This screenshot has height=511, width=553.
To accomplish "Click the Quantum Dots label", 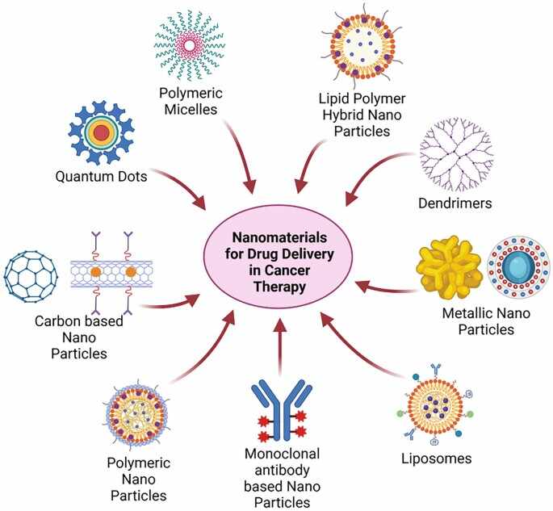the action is click(x=101, y=176).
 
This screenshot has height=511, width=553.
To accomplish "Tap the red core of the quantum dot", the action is click(x=102, y=133).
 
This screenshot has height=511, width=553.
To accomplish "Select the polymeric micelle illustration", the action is click(x=190, y=45).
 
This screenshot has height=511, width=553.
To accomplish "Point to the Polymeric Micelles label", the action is click(x=191, y=101).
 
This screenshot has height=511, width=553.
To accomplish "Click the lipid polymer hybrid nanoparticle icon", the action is click(x=362, y=45).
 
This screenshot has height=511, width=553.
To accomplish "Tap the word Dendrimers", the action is click(x=455, y=203).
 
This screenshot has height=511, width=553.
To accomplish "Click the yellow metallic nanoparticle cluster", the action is click(x=450, y=266).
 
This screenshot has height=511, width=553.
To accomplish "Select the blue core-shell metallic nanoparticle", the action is click(x=518, y=266).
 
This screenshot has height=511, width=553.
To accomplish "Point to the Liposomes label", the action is click(x=437, y=459).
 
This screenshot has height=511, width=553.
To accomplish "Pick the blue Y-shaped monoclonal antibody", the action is click(x=281, y=411).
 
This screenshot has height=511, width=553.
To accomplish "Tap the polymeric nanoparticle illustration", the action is click(x=137, y=414).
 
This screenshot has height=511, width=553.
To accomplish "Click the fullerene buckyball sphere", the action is click(x=31, y=276).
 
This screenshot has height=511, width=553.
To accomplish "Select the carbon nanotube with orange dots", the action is click(x=111, y=273).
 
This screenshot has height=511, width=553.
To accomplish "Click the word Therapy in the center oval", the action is click(x=279, y=287).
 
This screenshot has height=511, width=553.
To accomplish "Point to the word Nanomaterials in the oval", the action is click(x=279, y=237).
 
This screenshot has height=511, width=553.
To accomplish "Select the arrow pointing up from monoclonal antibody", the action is click(x=280, y=347).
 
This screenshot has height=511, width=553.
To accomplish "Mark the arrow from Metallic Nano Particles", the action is click(x=386, y=287).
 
